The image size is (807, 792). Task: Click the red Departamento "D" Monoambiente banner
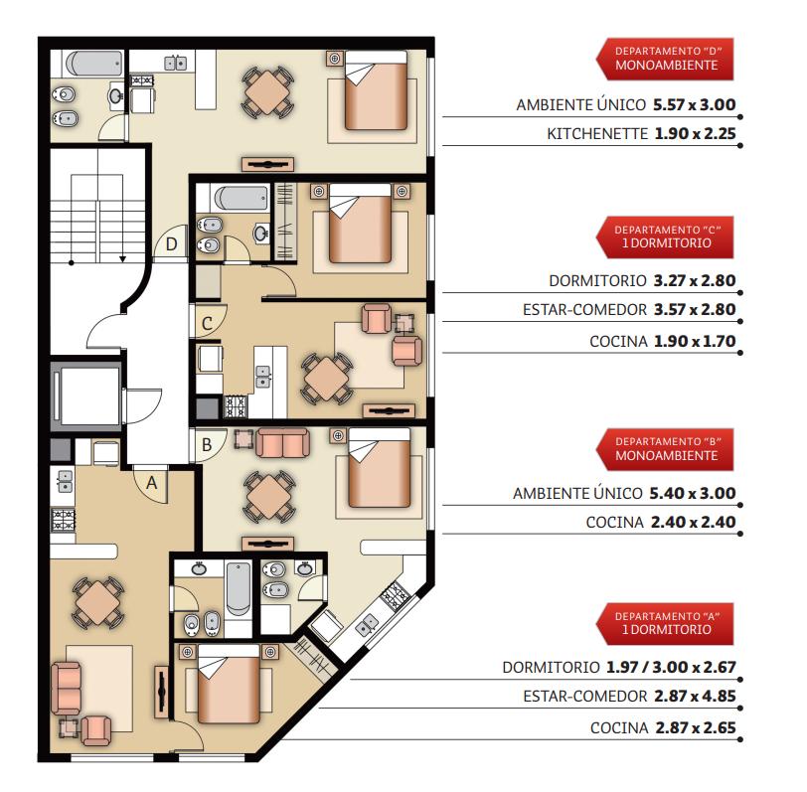click(665, 59)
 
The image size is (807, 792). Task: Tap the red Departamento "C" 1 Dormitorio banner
click(665, 238)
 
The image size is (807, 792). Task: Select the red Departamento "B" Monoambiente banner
click(665, 449)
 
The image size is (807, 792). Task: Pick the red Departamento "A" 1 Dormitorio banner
click(665, 624)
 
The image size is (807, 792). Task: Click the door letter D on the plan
click(171, 243)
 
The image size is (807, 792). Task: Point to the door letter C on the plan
click(207, 324)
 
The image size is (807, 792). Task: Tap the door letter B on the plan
click(207, 444)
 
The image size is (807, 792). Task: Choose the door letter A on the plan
click(151, 483)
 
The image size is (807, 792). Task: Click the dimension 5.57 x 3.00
click(695, 104)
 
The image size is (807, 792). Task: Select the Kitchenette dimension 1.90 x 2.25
click(695, 134)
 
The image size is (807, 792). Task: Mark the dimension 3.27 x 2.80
click(695, 280)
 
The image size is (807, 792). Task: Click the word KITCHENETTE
click(597, 134)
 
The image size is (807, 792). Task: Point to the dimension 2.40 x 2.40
click(694, 522)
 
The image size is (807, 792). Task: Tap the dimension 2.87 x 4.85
click(695, 696)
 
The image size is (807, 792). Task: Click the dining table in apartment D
click(266, 92)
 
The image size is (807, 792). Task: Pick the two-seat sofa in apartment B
click(282, 443)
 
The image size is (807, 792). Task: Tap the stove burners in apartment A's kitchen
click(64, 520)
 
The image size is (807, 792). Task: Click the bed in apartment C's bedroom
click(360, 224)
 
